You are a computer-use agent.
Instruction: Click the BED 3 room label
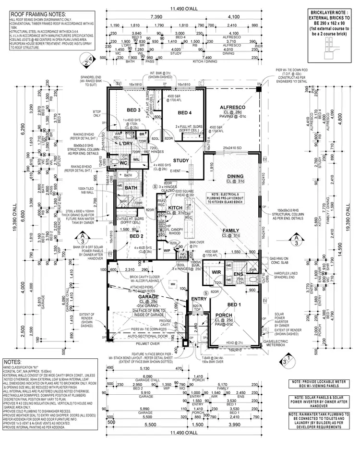tap(134, 110)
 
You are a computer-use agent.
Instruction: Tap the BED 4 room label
tap(185, 113)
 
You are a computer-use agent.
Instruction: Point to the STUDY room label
tap(181, 161)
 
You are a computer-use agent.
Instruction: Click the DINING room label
tap(236, 176)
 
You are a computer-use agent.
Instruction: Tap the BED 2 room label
tap(136, 236)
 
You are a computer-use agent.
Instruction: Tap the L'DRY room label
tap(126, 144)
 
